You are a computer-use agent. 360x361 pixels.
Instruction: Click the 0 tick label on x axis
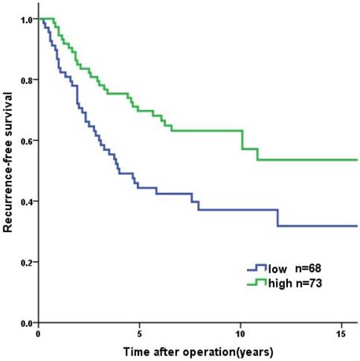(x=38, y=333)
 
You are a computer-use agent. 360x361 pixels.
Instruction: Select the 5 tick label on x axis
(x=139, y=333)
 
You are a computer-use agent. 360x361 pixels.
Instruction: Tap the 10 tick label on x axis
(x=240, y=333)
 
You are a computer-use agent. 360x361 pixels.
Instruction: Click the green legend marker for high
(x=257, y=281)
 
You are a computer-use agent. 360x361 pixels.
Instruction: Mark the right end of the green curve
(x=357, y=160)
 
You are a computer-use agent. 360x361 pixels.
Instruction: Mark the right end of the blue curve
(x=357, y=226)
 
